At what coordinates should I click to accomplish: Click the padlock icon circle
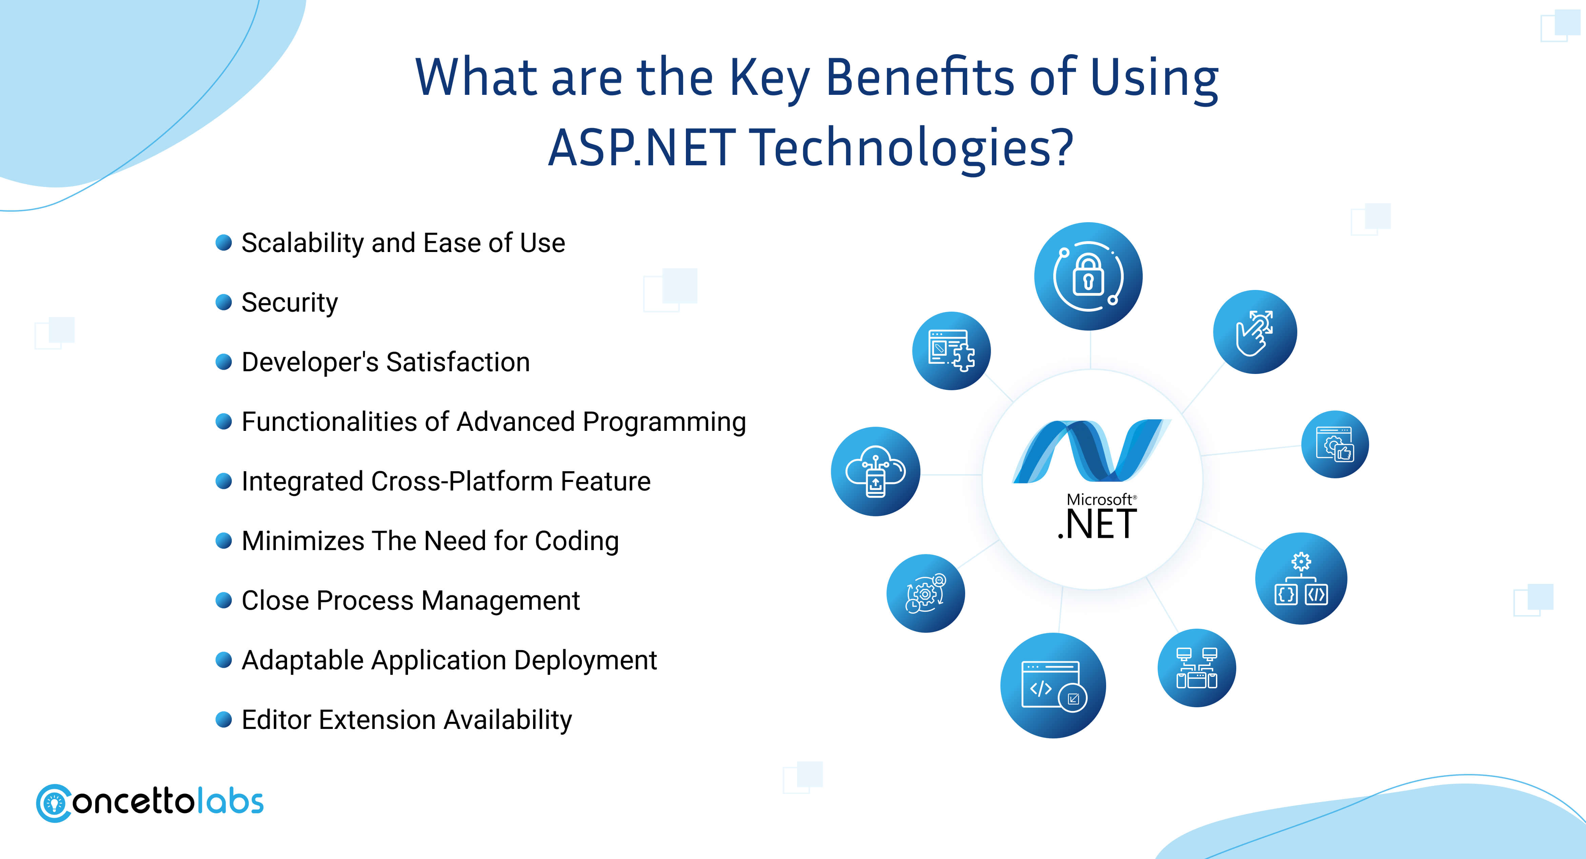coord(1088,276)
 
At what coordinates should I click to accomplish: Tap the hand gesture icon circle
coord(1255,332)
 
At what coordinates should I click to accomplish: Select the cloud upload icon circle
coord(875,472)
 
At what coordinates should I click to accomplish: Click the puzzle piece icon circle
coord(951,351)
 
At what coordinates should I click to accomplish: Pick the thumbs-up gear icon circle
coord(1335,444)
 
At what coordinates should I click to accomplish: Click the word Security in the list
coord(289,303)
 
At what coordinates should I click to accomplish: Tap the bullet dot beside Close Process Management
coord(223,600)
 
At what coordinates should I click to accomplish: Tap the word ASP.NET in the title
coord(642,148)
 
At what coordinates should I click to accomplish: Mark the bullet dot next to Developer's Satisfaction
coord(223,362)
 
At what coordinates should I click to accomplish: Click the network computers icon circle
coord(1196,668)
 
